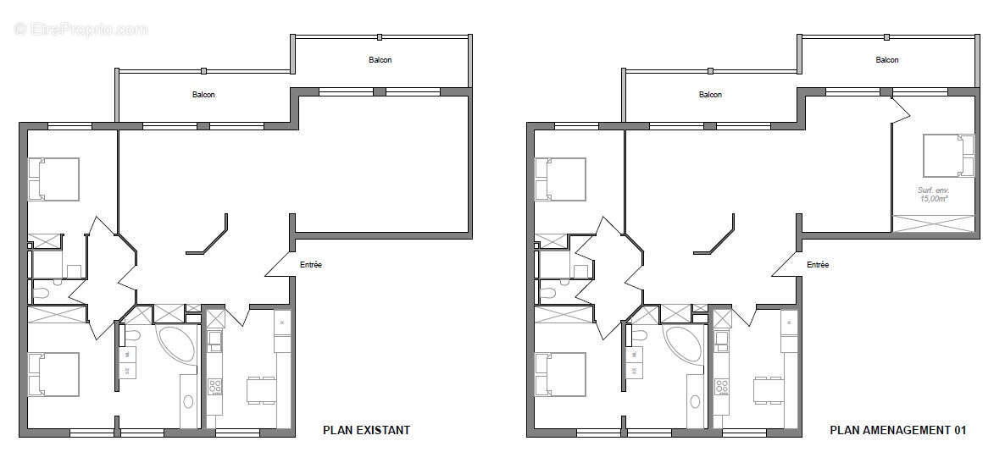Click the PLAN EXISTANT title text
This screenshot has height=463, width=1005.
pyautogui.click(x=366, y=430)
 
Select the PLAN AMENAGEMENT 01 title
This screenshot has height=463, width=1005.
pyautogui.click(x=897, y=430)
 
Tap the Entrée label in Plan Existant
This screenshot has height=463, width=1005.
pyautogui.click(x=310, y=265)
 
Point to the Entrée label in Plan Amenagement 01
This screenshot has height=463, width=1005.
pyautogui.click(x=817, y=265)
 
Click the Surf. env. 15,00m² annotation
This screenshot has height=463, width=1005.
pyautogui.click(x=933, y=196)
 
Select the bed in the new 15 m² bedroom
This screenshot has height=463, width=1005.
pyautogui.click(x=947, y=155)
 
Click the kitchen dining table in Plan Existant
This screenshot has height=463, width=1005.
pyautogui.click(x=259, y=391)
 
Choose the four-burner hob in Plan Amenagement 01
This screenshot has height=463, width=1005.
pyautogui.click(x=723, y=387)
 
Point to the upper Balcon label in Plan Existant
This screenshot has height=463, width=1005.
pyautogui.click(x=380, y=60)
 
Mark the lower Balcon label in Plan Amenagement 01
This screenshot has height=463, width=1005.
pyautogui.click(x=710, y=95)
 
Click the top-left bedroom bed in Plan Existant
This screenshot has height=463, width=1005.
pyautogui.click(x=53, y=179)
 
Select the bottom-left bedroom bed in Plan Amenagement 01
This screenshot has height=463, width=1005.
pyautogui.click(x=560, y=374)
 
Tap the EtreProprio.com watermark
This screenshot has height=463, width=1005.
pyautogui.click(x=81, y=30)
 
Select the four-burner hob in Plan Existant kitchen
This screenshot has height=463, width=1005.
pyautogui.click(x=215, y=387)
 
